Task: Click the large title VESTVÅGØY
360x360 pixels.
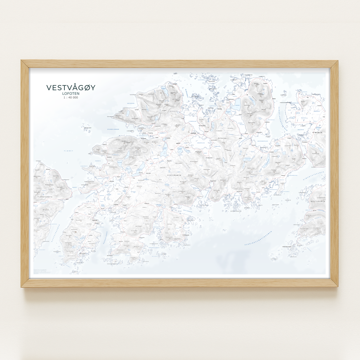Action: coord(71,88)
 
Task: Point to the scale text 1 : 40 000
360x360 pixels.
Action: coord(71,98)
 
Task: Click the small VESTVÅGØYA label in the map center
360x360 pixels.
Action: coord(174,175)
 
